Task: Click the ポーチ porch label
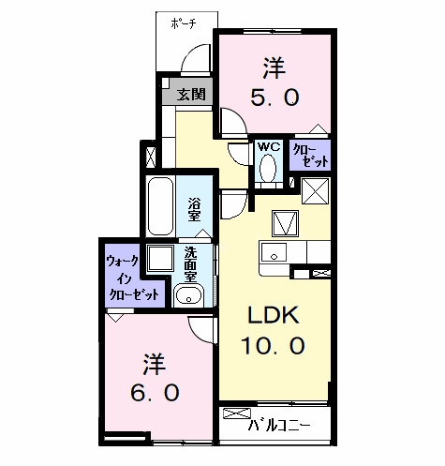[184, 23]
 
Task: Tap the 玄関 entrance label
[191, 94]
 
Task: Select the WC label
[269, 146]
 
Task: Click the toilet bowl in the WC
[268, 168]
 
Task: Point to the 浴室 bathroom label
[194, 209]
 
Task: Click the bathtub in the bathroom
[161, 206]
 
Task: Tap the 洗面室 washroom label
[190, 264]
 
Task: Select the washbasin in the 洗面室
[188, 295]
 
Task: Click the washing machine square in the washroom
[160, 258]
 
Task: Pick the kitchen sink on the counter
[274, 252]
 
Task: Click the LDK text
[274, 315]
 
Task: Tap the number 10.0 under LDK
[273, 346]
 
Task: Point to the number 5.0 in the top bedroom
[274, 98]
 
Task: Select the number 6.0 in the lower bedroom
[155, 393]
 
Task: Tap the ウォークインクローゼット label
[132, 278]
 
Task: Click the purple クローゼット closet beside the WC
[310, 155]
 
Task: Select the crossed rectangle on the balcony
[237, 413]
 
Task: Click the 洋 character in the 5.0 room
[274, 68]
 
